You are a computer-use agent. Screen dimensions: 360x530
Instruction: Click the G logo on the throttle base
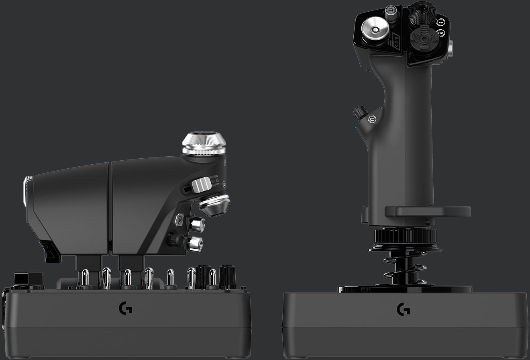pyautogui.click(x=126, y=309)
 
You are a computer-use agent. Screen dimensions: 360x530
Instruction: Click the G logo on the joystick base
pyautogui.click(x=403, y=309)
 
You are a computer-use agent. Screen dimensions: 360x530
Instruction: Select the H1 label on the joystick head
pyautogui.click(x=441, y=22)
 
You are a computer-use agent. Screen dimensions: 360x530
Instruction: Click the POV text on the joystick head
pyautogui.click(x=397, y=41)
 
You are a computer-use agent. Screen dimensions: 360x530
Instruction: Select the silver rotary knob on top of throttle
pyautogui.click(x=204, y=144)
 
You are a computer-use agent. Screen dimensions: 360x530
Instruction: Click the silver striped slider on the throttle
pyautogui.click(x=201, y=185)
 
